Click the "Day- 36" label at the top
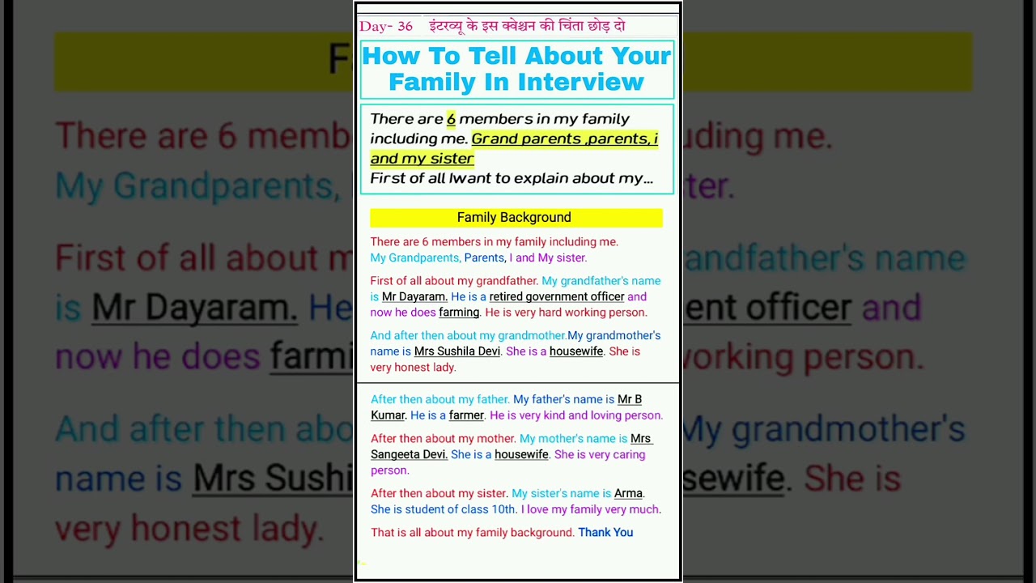point(386,27)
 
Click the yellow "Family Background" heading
point(515,217)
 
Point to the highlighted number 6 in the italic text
point(451,119)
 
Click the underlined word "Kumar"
point(388,415)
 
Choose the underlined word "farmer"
point(466,415)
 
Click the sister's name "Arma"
point(628,493)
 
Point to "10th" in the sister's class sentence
point(503,509)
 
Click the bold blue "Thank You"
point(605,533)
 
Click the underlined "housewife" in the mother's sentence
point(521,454)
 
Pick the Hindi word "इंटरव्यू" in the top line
point(448,26)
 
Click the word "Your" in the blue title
point(641,56)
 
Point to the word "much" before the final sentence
point(645,509)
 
